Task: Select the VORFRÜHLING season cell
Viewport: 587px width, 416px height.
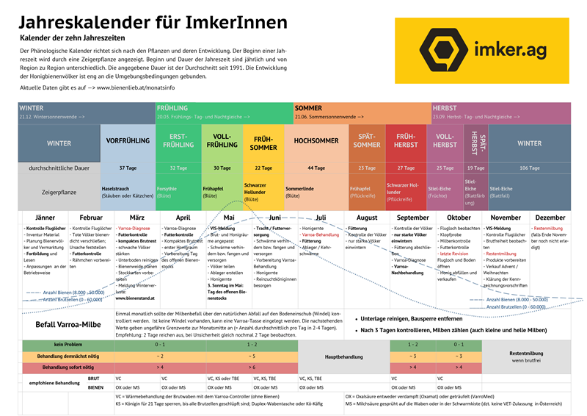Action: [x=128, y=140]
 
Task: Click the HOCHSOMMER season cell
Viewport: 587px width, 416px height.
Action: [x=316, y=140]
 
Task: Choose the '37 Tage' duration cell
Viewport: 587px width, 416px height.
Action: [x=128, y=168]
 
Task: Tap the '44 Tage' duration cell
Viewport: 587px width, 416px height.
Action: [x=316, y=168]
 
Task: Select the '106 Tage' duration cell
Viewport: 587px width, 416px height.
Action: [x=529, y=168]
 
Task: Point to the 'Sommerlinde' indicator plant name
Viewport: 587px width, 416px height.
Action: [x=301, y=188]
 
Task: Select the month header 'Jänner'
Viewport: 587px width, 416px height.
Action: [x=45, y=218]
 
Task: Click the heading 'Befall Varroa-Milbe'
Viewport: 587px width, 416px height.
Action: [x=69, y=323]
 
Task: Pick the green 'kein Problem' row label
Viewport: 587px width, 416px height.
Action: [x=67, y=345]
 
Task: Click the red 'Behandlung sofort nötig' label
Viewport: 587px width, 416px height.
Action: [x=67, y=366]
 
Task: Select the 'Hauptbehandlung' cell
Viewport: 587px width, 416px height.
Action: [x=343, y=356]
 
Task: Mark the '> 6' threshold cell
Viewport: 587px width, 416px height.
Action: [x=252, y=366]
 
